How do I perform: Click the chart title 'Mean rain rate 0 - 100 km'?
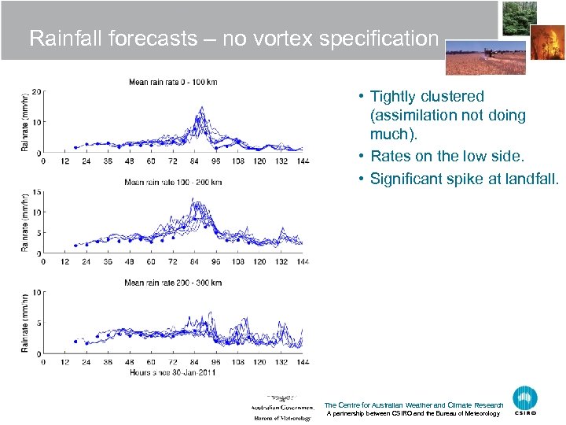pyautogui.click(x=172, y=83)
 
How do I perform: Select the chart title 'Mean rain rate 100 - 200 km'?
pyautogui.click(x=173, y=183)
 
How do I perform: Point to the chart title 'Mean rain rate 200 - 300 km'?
pyautogui.click(x=173, y=283)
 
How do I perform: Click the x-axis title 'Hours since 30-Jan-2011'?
pyautogui.click(x=173, y=372)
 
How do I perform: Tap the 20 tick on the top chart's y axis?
pyautogui.click(x=36, y=91)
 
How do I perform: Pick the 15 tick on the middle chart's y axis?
pyautogui.click(x=36, y=191)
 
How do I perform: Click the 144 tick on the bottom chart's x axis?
pyautogui.click(x=303, y=363)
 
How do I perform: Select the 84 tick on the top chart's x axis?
pyautogui.click(x=194, y=161)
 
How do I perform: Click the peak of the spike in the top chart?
pyautogui.click(x=202, y=107)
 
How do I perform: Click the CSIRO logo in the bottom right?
pyautogui.click(x=525, y=399)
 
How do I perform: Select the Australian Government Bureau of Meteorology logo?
pyautogui.click(x=281, y=407)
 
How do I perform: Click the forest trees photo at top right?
pyautogui.click(x=520, y=18)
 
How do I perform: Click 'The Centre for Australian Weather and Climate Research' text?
pyautogui.click(x=413, y=405)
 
